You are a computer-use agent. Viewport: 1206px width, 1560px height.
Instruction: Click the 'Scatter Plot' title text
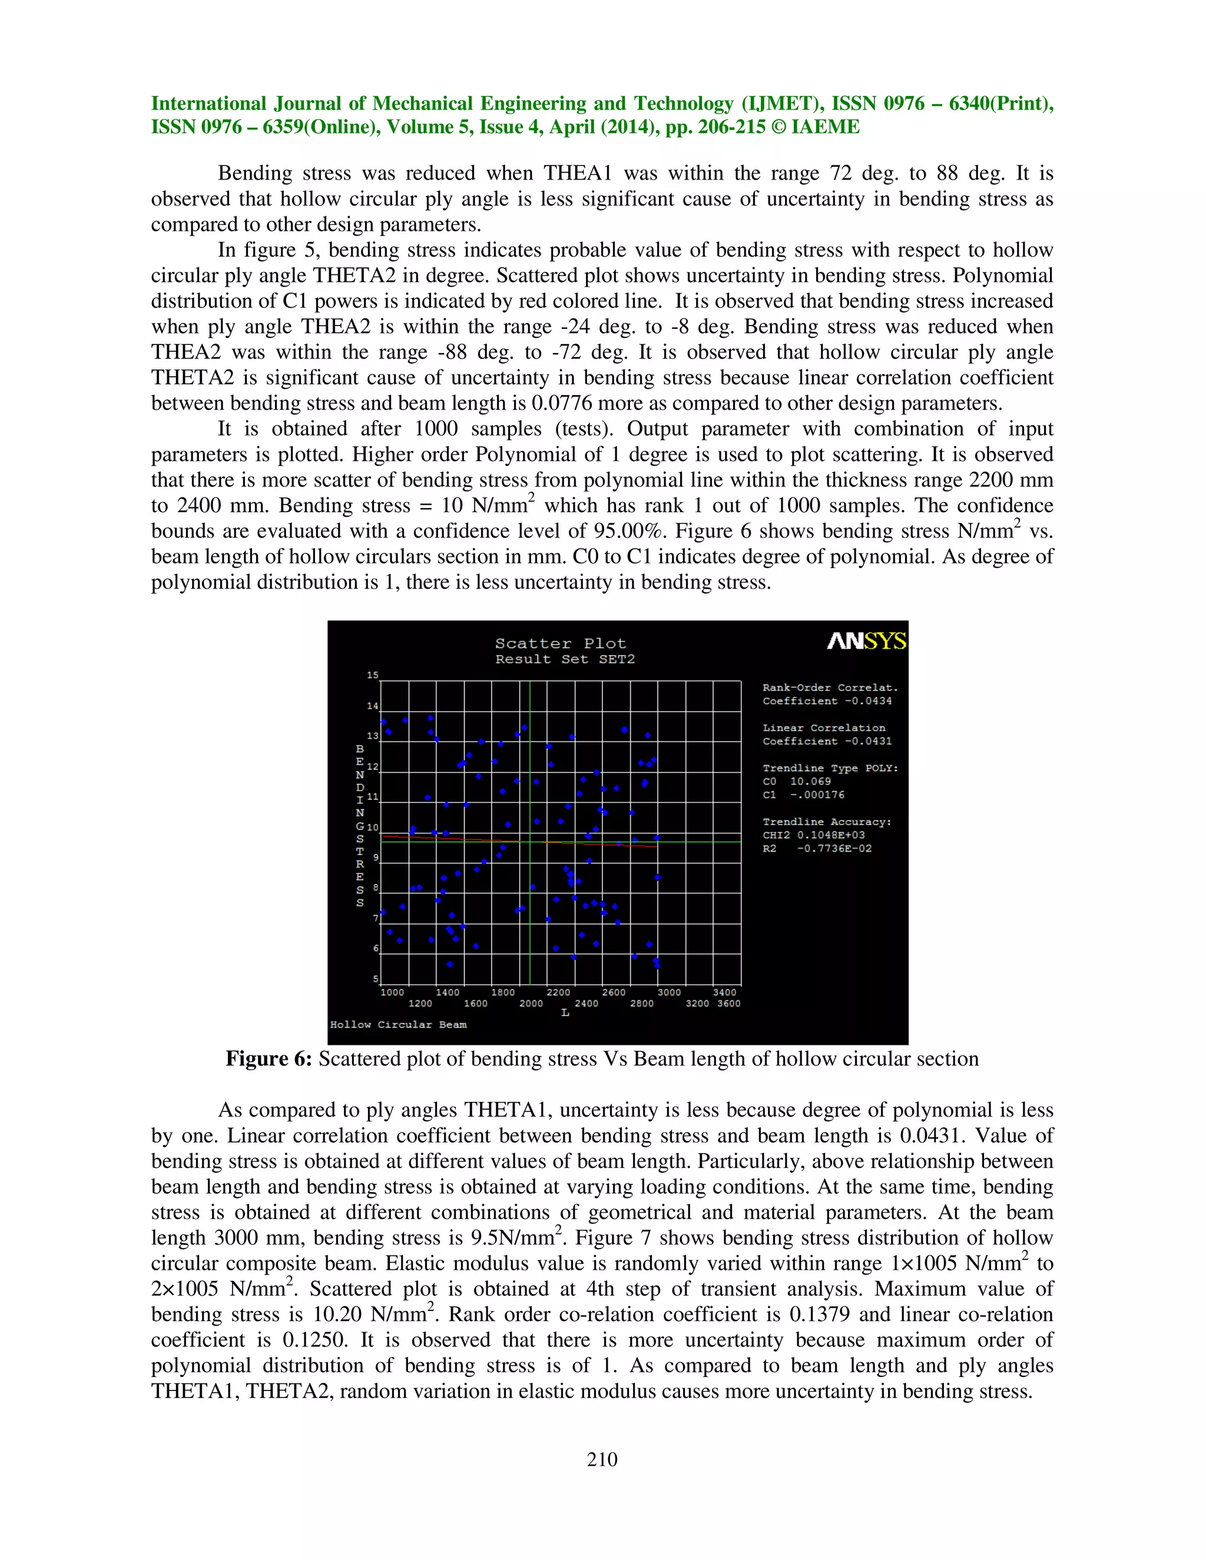point(560,643)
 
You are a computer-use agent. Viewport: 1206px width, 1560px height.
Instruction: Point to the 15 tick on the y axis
point(372,675)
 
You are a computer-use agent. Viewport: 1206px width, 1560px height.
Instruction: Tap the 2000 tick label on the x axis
point(531,1004)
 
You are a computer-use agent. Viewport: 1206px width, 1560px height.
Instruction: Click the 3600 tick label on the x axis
point(729,1004)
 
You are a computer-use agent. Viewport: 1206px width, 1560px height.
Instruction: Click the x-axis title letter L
point(565,1013)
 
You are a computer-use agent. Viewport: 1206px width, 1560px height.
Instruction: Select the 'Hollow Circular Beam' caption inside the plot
point(398,1024)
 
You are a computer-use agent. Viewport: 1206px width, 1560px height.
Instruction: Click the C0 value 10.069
point(810,781)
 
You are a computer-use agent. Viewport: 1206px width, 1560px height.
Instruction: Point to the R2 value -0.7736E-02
point(834,848)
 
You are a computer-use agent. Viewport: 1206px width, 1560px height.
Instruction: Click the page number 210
point(602,1459)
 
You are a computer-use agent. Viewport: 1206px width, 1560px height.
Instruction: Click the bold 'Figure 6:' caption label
point(269,1058)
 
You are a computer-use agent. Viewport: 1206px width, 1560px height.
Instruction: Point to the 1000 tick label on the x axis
point(392,992)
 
